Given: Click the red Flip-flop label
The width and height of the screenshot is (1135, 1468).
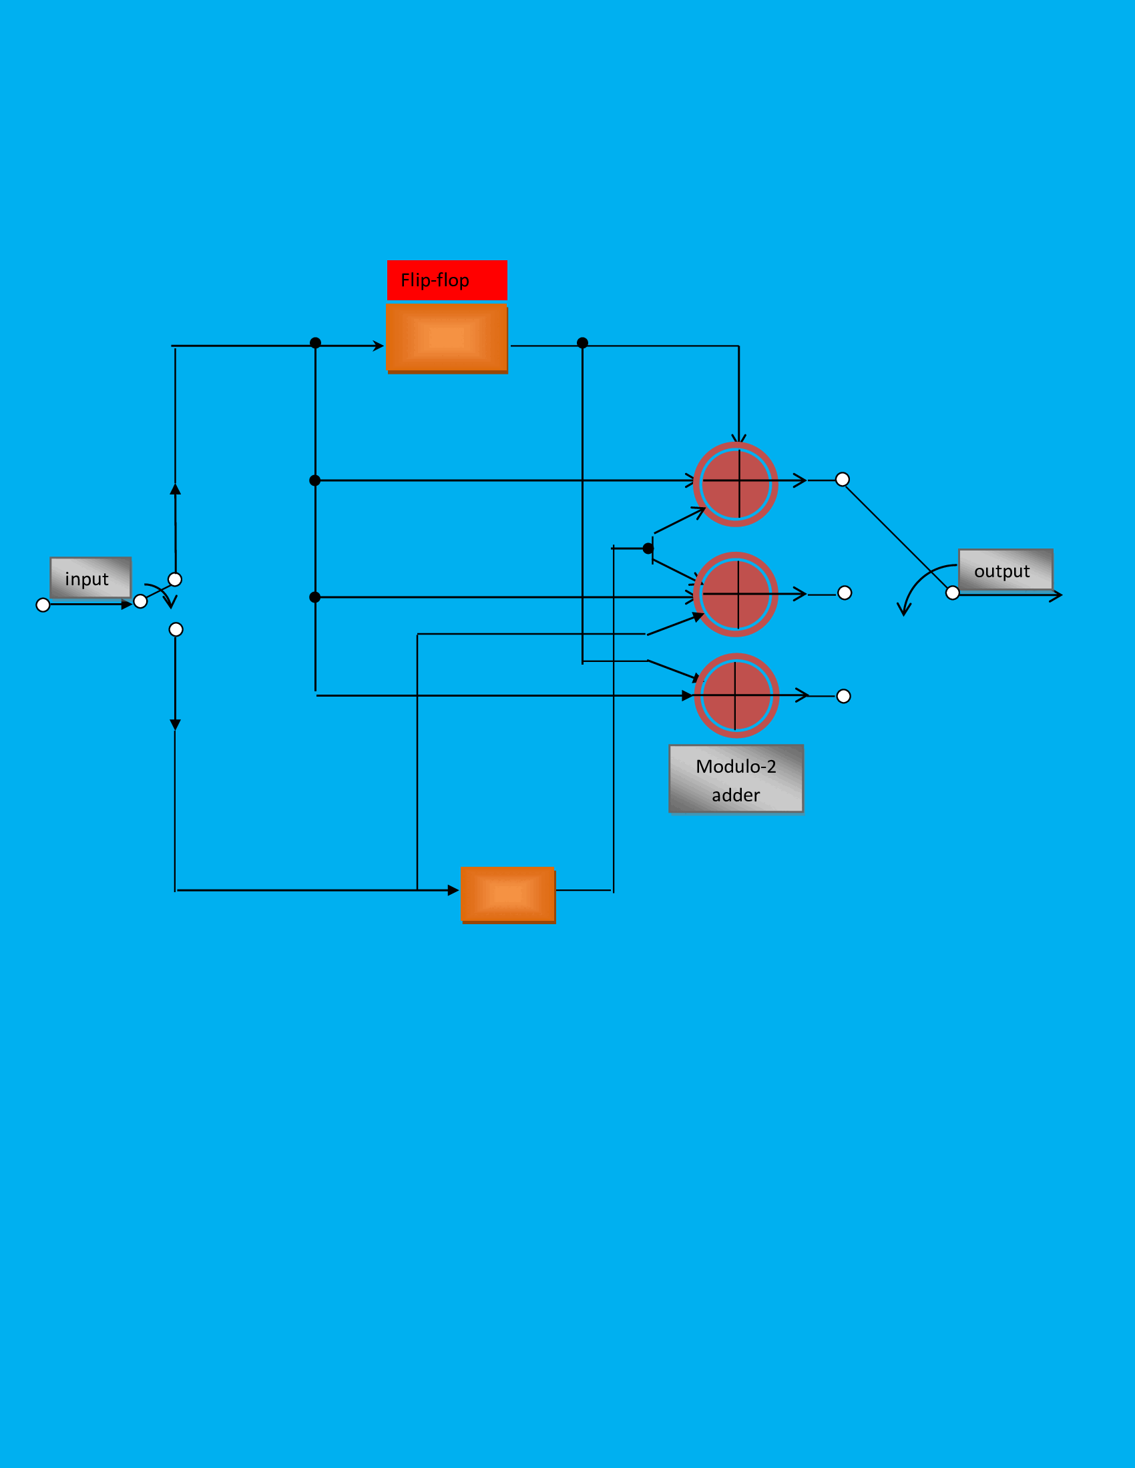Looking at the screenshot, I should (x=447, y=280).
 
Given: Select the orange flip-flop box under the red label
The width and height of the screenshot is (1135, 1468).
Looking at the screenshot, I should (x=447, y=338).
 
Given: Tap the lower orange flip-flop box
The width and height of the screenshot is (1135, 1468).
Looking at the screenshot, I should (x=507, y=895).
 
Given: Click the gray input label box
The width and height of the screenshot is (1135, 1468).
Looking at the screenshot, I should (x=90, y=577).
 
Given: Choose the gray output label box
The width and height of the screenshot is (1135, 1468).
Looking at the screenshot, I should (x=1005, y=570).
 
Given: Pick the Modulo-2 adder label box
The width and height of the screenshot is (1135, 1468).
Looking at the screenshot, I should (x=736, y=779).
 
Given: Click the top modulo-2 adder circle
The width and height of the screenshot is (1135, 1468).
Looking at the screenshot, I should (x=736, y=484).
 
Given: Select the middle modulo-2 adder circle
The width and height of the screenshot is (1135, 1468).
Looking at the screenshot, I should (x=736, y=594).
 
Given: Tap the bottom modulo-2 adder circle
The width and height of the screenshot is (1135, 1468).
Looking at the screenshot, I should (x=736, y=696).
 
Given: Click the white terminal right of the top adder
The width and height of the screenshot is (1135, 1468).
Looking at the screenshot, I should (x=842, y=479).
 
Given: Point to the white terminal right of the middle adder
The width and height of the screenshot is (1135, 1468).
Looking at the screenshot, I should (x=845, y=593).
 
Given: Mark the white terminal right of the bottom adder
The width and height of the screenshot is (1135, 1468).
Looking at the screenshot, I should (x=843, y=697).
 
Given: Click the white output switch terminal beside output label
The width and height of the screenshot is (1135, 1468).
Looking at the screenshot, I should (x=952, y=593).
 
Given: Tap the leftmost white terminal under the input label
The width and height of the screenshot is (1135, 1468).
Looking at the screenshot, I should (x=43, y=605).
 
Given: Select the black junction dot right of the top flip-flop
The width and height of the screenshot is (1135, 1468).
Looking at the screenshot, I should (x=582, y=343).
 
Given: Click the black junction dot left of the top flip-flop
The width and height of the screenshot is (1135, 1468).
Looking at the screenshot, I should (x=315, y=343).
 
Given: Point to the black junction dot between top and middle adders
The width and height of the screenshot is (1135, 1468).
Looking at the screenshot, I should (x=648, y=548).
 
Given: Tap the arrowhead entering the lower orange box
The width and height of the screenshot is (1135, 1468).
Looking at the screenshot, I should (x=453, y=891).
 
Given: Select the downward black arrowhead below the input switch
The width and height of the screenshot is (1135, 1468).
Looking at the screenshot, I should (x=175, y=725).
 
